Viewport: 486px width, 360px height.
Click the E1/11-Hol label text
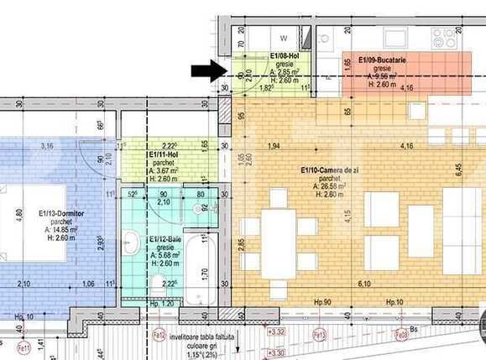164,155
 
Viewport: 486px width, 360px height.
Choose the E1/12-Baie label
165,240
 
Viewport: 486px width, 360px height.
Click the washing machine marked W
284,38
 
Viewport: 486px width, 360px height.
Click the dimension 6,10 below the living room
363,284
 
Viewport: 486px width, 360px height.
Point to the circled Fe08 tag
402,334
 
